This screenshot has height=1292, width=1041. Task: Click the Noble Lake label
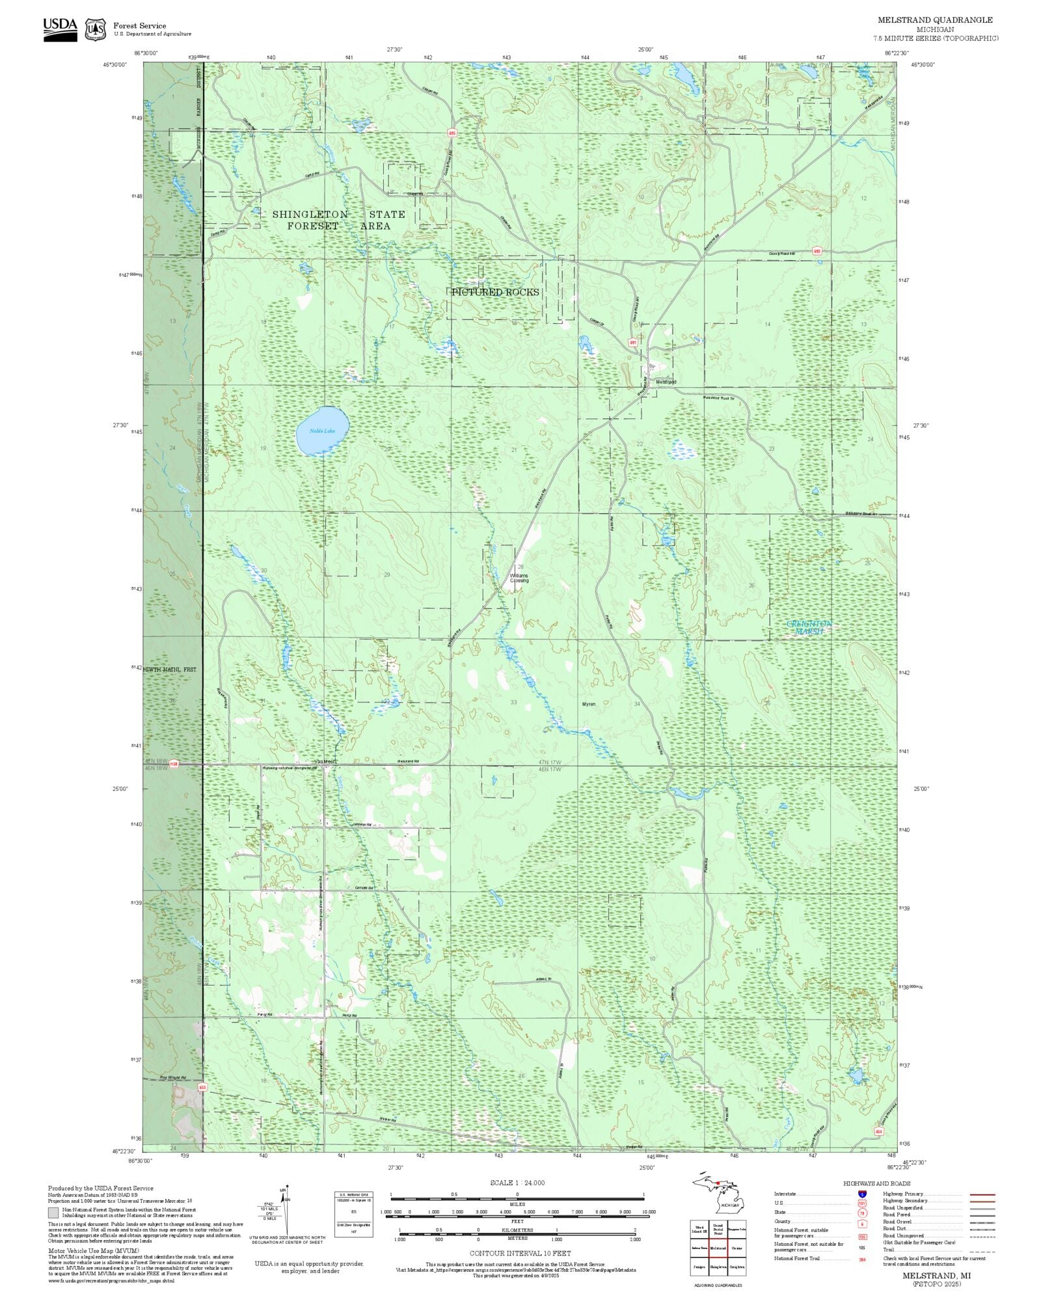click(322, 431)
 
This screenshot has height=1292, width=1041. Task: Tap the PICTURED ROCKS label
click(496, 292)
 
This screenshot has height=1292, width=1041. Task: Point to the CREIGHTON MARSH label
click(809, 627)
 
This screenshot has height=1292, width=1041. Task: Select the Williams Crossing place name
click(519, 578)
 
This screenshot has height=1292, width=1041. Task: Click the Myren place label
click(588, 704)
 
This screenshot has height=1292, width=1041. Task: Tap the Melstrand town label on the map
click(666, 382)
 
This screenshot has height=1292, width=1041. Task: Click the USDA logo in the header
click(60, 29)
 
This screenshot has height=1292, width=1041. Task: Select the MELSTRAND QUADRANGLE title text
click(935, 20)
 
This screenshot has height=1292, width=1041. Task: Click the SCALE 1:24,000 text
click(517, 1182)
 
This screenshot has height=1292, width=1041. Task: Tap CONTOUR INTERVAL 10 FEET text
click(520, 1253)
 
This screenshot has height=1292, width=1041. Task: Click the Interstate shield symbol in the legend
click(862, 1194)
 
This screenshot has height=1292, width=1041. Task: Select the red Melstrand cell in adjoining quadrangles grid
click(718, 1248)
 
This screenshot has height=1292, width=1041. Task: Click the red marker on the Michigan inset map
click(717, 1183)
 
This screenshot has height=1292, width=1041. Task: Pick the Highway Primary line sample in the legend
click(982, 1194)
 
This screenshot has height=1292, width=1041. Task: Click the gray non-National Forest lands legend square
click(53, 1213)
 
